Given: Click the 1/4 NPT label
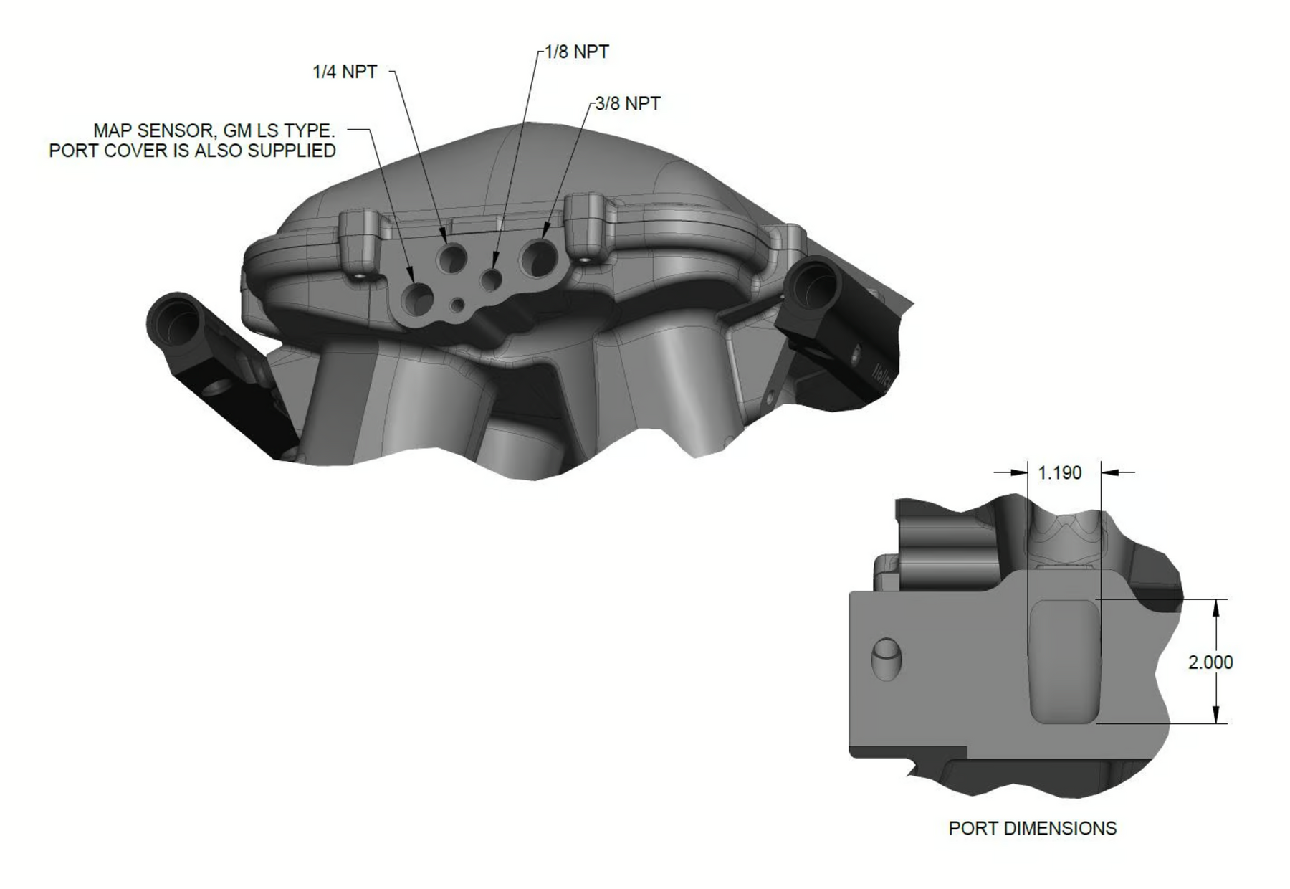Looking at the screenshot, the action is tap(345, 72).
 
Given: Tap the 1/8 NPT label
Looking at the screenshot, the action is tap(577, 52).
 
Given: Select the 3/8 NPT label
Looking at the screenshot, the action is tap(628, 103).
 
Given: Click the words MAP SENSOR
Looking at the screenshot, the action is tap(153, 131).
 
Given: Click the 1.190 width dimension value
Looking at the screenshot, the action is tap(1059, 473).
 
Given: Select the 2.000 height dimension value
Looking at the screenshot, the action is tap(1210, 662).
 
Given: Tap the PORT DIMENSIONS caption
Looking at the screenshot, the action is tap(1032, 828).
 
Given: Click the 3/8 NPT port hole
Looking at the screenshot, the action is tap(539, 257).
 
